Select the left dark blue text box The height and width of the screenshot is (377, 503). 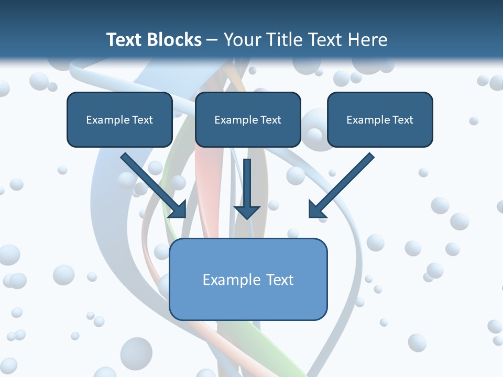[x=119, y=119]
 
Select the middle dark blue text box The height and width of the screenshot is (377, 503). [x=248, y=119]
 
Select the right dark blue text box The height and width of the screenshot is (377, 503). [x=380, y=119]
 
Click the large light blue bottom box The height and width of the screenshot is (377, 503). [x=248, y=279]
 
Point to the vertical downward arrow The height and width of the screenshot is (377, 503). [x=247, y=189]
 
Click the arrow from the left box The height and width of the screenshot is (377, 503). [x=154, y=185]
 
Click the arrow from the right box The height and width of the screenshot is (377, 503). [x=342, y=185]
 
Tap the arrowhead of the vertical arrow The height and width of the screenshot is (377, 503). [x=247, y=213]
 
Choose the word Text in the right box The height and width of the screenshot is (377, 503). [x=403, y=120]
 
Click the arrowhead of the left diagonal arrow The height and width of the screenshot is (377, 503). [x=178, y=209]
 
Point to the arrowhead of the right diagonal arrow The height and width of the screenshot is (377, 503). [x=318, y=209]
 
